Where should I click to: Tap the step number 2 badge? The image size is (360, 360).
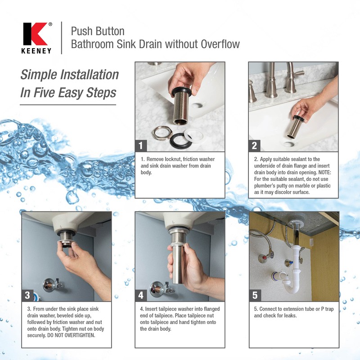point(254,145)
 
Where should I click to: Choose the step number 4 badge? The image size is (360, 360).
point(141,295)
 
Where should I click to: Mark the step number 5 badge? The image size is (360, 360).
point(254,295)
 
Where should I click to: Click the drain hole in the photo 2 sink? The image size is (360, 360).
point(288,144)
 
